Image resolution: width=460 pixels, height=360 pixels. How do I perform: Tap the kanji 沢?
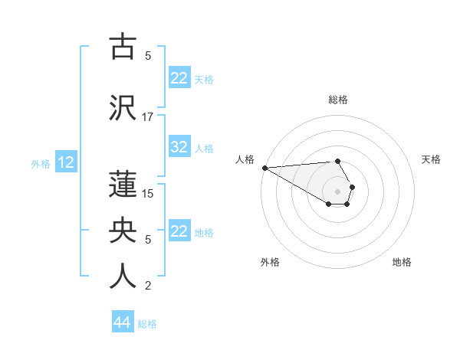point(123,108)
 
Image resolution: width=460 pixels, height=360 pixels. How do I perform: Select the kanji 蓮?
point(123,184)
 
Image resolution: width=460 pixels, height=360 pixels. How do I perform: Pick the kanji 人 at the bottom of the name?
point(123,277)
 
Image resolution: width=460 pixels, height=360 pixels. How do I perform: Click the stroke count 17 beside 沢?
point(148,117)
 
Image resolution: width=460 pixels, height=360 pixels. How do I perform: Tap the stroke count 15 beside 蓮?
point(148,193)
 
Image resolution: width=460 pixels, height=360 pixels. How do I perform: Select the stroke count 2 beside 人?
point(148,286)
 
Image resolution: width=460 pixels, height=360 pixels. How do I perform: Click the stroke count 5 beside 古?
point(148,55)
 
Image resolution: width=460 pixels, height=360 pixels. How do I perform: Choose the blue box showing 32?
point(179,148)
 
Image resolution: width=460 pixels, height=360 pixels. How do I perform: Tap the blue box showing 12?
point(66,162)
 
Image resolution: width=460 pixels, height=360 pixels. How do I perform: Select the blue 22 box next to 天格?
point(179,78)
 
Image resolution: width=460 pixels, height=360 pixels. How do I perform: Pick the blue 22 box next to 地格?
point(179,232)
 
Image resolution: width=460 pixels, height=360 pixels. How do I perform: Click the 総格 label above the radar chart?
point(338,100)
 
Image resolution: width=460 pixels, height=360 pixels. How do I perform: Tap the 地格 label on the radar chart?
point(402,262)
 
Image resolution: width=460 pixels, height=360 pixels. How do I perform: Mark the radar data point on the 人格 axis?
point(264,168)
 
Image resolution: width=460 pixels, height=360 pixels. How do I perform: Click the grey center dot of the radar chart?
point(338,191)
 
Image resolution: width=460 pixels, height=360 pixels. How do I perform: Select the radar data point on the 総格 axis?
point(338,161)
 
